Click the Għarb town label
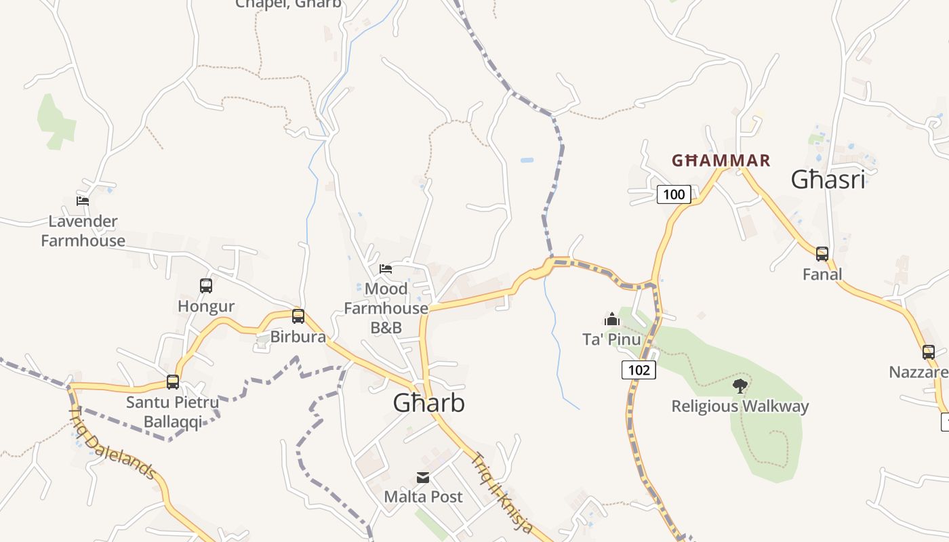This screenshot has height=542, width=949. coord(429,403)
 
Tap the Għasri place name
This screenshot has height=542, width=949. coord(828,180)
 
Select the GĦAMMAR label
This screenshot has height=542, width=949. coord(721,161)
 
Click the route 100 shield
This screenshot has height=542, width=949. coord(674,194)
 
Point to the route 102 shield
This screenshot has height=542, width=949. coord(639,370)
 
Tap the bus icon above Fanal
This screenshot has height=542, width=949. coord(822,254)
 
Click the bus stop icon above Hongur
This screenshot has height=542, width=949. coord(206,286)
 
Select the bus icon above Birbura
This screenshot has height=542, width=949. coord(298,316)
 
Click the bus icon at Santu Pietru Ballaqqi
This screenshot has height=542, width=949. coord(173,381)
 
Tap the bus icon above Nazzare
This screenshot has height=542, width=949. coord(928,352)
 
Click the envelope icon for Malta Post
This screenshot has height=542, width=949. coord(423,478)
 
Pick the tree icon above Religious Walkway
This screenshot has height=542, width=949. coord(740,386)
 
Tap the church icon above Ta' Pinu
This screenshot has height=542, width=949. coord(611,318)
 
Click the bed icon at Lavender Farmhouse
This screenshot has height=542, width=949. coord(83,201)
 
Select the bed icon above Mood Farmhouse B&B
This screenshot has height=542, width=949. coord(386,269)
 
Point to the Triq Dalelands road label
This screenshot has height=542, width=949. coord(113,443)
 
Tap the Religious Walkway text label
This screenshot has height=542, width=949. coord(740,406)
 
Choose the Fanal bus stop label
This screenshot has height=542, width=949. coord(822,274)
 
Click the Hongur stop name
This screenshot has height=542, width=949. coord(206,306)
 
